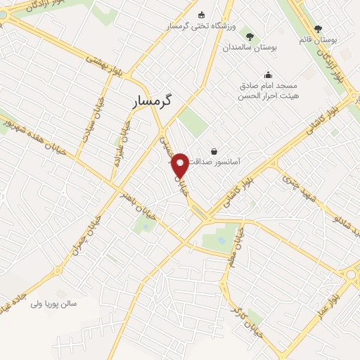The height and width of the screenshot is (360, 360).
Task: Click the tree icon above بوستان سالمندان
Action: point(251,36)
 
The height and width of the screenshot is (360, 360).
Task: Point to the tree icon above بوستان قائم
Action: point(318,29)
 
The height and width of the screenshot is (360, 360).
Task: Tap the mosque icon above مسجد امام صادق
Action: point(268,75)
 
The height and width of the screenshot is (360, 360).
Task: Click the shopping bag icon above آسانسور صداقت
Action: point(213,150)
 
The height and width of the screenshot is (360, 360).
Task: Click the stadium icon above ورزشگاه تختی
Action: point(202,15)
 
